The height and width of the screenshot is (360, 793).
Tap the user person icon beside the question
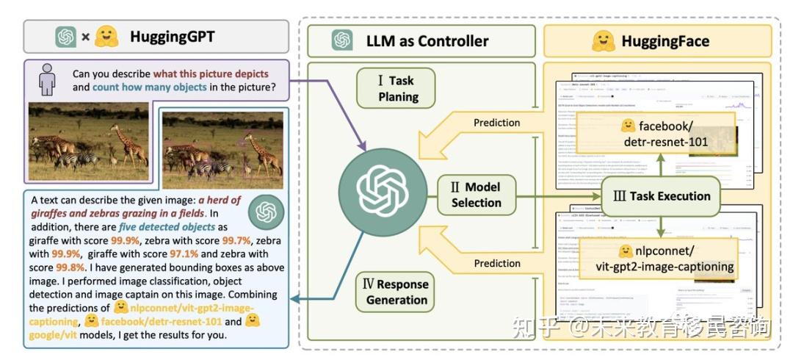tap(46, 80)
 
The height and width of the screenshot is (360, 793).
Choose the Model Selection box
tap(476, 194)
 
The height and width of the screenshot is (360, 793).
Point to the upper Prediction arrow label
tap(496, 123)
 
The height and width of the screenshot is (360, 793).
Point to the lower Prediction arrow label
tap(496, 263)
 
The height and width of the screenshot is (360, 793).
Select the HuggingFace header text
tap(665, 40)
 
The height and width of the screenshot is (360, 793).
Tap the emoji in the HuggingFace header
tap(604, 40)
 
